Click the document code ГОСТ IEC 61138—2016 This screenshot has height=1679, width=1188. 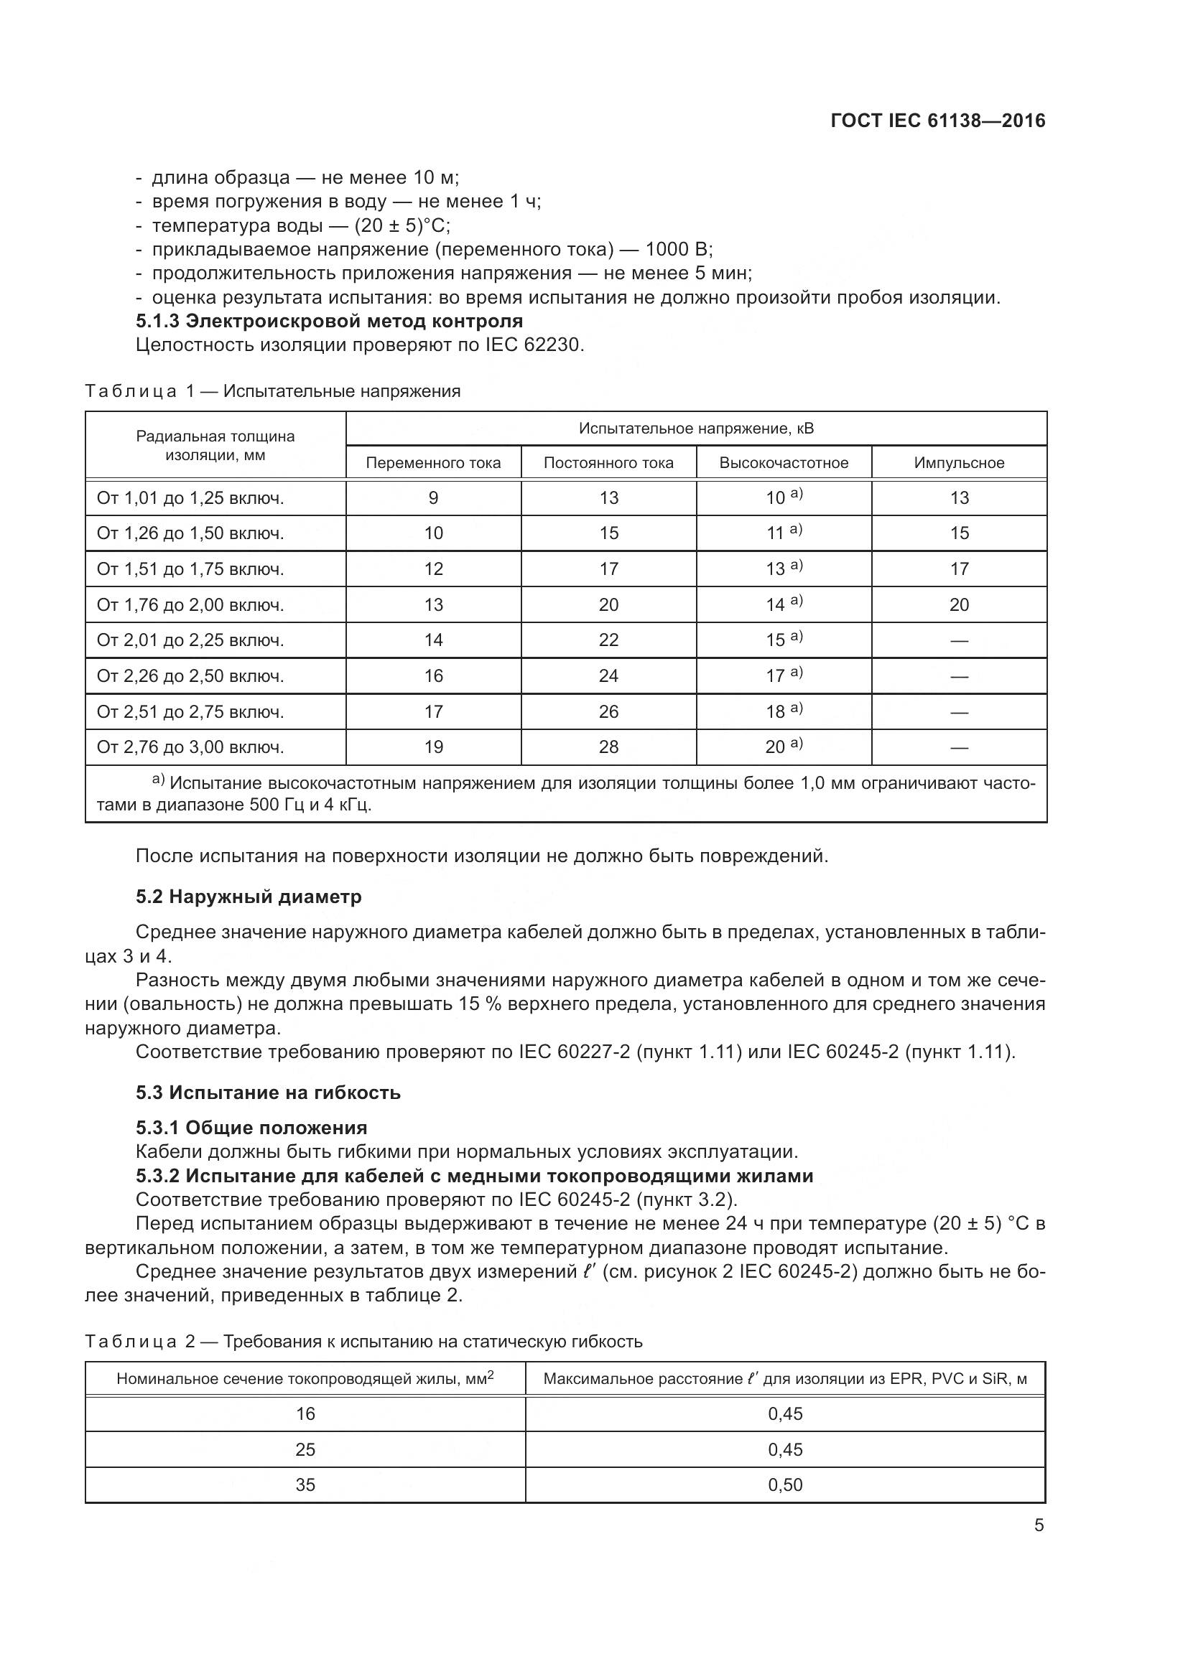(938, 121)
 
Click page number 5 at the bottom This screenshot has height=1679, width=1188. (1039, 1525)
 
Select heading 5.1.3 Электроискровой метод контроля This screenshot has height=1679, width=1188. (329, 321)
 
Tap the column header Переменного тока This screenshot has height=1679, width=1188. (433, 463)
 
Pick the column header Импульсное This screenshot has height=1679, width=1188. (959, 463)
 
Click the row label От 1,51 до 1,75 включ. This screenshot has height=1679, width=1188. (190, 569)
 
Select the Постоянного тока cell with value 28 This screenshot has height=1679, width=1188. (608, 747)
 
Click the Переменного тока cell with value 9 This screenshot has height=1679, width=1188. (433, 498)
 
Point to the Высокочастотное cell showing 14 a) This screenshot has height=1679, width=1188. (784, 604)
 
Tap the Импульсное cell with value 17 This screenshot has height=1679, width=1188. (959, 569)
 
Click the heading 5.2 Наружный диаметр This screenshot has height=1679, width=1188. (249, 897)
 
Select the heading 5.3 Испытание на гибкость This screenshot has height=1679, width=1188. (269, 1093)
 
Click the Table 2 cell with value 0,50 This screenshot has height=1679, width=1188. (785, 1484)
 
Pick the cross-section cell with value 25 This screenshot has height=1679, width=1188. (305, 1449)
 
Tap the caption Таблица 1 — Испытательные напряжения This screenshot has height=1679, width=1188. (273, 391)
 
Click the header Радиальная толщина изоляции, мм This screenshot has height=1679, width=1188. (215, 445)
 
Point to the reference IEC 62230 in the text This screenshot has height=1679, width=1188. (534, 345)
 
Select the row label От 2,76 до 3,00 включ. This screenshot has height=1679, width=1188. (190, 747)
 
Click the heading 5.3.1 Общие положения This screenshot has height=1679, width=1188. (251, 1128)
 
